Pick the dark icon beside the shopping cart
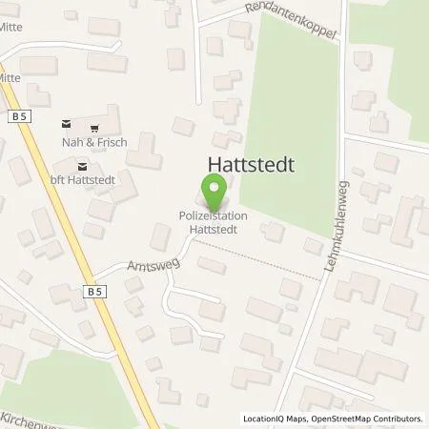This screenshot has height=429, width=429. point(66,124)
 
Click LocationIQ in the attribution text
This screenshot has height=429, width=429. point(262,419)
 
